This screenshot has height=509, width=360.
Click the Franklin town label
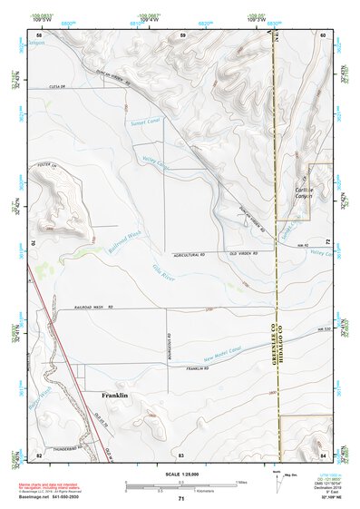[114, 396]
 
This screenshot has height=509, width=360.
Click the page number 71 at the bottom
[180, 499]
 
